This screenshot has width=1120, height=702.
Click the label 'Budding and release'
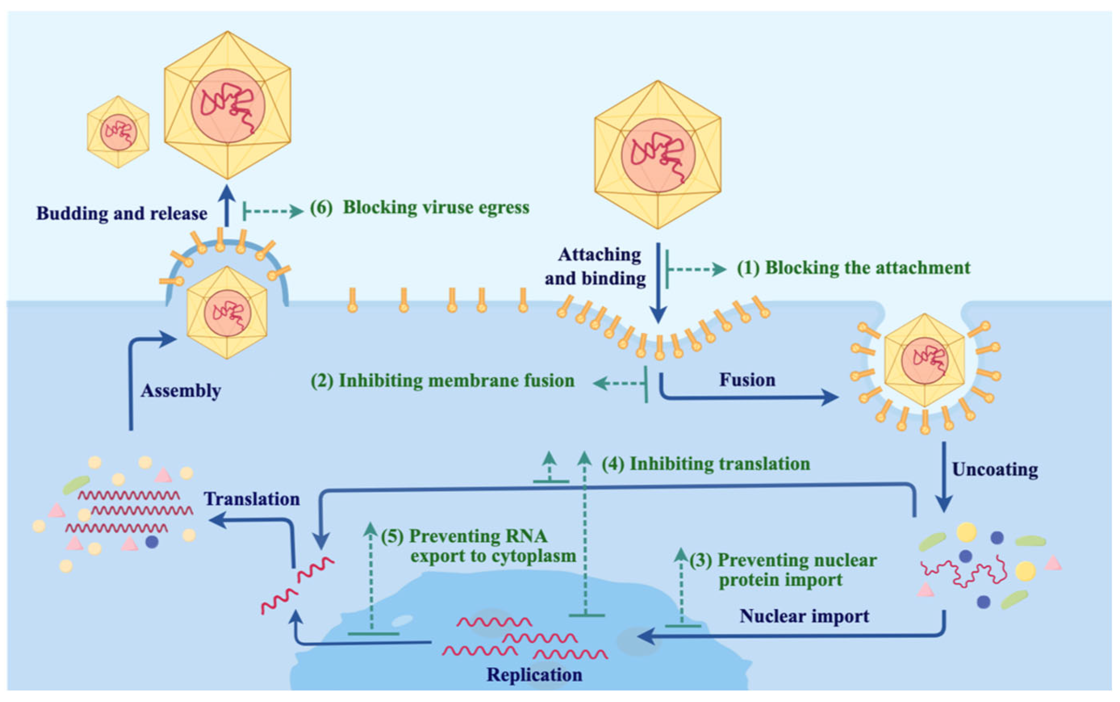pos(122,214)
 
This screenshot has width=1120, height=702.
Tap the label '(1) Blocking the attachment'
pos(853,268)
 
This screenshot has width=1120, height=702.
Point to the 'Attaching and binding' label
pos(596,266)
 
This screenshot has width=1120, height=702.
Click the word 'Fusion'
pos(747,380)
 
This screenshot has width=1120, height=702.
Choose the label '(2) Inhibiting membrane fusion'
pos(443,381)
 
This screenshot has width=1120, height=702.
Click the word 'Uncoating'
pos(995,470)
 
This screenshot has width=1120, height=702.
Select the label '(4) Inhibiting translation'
pos(705,464)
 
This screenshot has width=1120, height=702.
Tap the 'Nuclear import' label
pos(804,616)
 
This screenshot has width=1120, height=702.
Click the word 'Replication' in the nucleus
pos(534,675)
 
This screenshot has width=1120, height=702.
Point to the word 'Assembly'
pos(181,391)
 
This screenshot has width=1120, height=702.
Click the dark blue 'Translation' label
pos(252,499)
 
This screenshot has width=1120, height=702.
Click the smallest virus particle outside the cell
pos(118,132)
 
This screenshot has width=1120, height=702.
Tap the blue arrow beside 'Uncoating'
pos(944,476)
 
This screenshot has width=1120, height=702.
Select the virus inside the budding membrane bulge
pos(226,313)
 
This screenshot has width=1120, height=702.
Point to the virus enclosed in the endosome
pos(924,360)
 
